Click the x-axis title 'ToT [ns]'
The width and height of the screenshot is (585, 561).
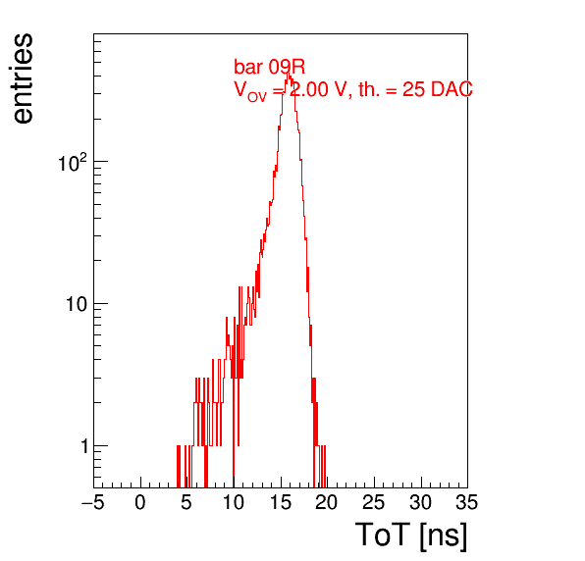coord(410,535)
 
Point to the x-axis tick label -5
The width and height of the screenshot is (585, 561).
coord(92,502)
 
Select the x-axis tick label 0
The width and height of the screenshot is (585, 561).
coord(140,502)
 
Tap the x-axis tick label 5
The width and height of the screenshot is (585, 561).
coord(186,502)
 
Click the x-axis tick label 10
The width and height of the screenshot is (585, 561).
coord(234,502)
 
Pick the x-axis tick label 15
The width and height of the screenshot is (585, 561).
coord(280,502)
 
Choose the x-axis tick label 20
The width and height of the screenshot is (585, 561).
coord(327,502)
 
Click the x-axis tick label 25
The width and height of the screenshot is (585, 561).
coord(373,502)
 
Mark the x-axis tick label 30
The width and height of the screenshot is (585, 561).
coord(420,502)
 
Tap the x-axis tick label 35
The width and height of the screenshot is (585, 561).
coord(467,502)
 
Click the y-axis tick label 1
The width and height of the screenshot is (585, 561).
coord(84,446)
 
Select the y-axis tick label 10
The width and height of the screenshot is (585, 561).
coord(77,304)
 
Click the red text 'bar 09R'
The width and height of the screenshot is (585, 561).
coord(269,67)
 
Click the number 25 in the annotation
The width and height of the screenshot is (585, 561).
coord(414,89)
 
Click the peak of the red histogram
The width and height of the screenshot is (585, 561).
coord(287,73)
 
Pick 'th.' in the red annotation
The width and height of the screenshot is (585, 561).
coord(369,89)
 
